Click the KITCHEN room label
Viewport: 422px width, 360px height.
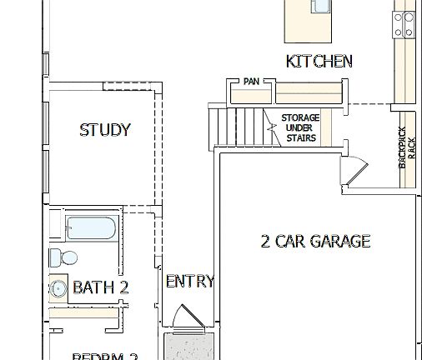[319, 61]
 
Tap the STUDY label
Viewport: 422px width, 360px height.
[105, 130]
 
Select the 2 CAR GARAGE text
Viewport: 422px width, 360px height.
[315, 242]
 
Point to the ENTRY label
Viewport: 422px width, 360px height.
[189, 282]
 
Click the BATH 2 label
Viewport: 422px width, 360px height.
[101, 287]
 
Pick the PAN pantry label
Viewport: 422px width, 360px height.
[251, 82]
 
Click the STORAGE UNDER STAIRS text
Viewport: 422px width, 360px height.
[299, 127]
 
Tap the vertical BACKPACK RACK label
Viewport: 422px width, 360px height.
[404, 148]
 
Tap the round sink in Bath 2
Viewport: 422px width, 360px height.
[58, 288]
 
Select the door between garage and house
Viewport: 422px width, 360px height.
[354, 171]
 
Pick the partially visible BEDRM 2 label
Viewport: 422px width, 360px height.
[104, 356]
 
